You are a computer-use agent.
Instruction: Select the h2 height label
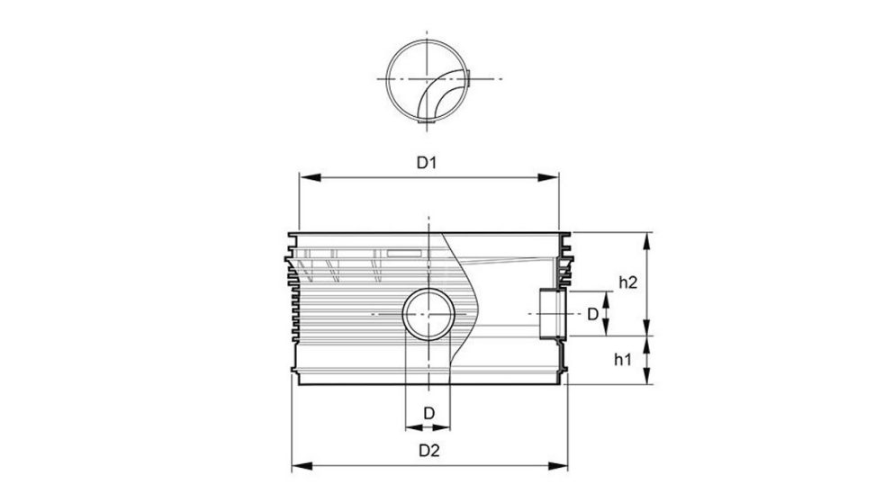[627, 282]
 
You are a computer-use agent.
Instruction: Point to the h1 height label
[621, 360]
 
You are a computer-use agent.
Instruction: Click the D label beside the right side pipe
[592, 314]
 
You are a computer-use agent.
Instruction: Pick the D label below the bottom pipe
[429, 412]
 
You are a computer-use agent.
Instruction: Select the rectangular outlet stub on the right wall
[549, 314]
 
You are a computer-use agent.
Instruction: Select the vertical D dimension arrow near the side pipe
[607, 314]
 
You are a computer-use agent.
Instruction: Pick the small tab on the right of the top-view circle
[465, 81]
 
